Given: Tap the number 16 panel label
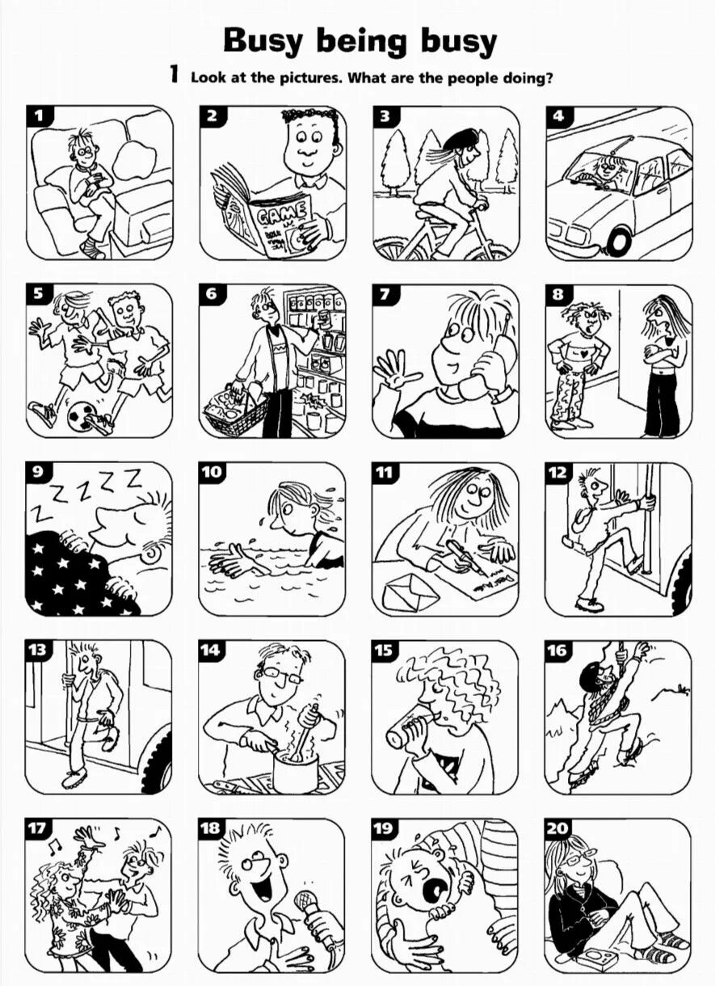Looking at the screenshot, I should tap(557, 651).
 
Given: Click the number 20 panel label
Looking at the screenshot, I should tap(557, 828).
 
